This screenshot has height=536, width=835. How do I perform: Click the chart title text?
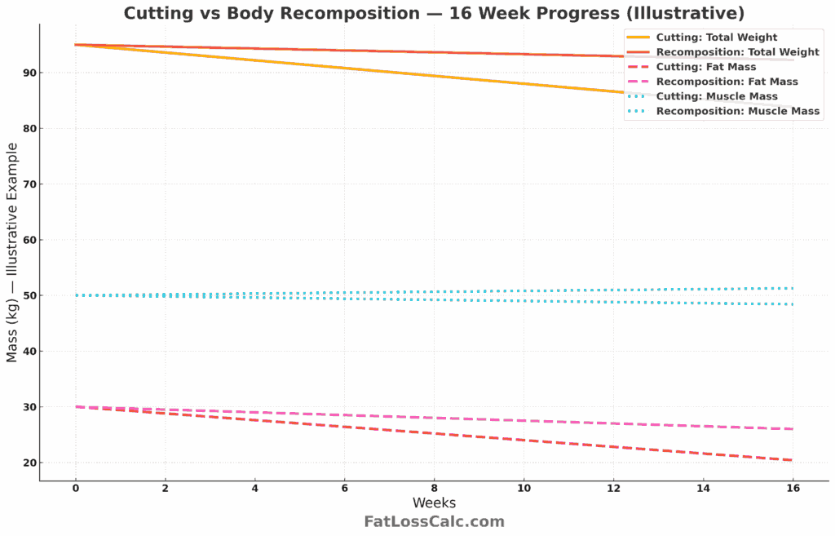(433, 14)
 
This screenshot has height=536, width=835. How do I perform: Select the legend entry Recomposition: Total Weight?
(737, 52)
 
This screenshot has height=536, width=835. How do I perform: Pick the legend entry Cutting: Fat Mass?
(705, 67)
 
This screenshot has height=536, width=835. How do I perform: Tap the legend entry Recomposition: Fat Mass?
(727, 82)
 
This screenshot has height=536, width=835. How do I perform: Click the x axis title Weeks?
(434, 503)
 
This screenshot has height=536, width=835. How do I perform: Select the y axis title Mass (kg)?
(12, 253)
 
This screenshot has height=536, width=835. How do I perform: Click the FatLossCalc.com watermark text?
(434, 522)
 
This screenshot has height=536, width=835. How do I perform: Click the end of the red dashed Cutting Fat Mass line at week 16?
(791, 460)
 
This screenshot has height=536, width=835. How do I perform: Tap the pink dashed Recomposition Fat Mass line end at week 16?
(791, 429)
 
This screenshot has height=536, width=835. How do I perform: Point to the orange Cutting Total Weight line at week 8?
(434, 76)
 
